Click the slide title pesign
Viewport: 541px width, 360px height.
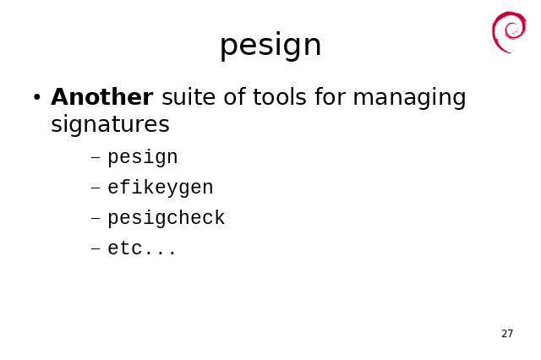(270, 46)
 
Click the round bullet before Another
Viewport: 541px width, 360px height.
(37, 97)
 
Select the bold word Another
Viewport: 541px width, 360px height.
(101, 97)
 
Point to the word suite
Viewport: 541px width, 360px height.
(189, 97)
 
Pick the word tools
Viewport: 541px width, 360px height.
(280, 97)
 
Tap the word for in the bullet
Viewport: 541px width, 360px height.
(330, 97)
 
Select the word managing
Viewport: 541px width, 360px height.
(409, 98)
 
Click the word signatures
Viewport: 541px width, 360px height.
(110, 124)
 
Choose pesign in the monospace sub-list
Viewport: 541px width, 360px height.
(143, 157)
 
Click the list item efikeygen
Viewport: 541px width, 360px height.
(161, 188)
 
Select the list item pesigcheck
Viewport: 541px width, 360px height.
(167, 218)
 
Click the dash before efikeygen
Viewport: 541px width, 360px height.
(96, 188)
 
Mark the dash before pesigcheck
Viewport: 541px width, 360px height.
(96, 218)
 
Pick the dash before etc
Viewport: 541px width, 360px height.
(96, 248)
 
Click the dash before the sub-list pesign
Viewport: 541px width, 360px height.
(96, 158)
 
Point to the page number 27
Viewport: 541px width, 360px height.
(507, 334)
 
